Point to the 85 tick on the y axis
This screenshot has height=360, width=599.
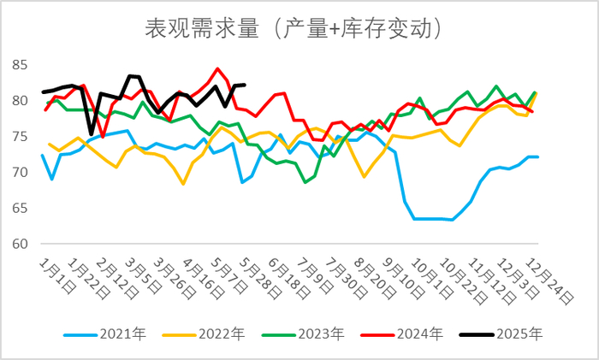(x=20, y=65)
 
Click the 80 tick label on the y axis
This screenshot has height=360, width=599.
(x=20, y=101)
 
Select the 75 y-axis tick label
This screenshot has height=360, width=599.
(x=20, y=137)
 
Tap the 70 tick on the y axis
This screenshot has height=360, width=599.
(x=20, y=173)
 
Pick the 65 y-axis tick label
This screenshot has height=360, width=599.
(x=20, y=209)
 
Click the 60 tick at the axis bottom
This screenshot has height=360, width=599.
(x=20, y=245)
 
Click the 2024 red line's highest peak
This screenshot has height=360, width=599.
(x=218, y=68)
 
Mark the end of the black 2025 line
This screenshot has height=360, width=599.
(x=246, y=85)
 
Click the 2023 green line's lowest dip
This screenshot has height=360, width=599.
(x=305, y=182)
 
